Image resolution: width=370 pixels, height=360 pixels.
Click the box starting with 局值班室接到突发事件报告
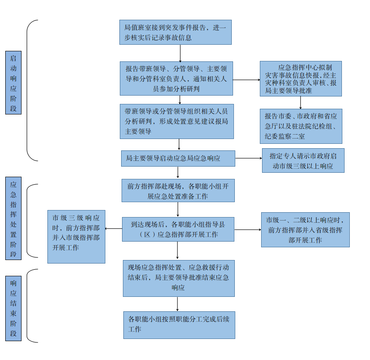click(175, 32)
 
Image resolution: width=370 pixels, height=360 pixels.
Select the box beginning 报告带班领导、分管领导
click(176, 78)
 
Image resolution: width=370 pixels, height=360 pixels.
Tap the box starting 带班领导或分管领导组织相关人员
click(176, 121)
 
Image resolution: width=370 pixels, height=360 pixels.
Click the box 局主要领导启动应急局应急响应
click(178, 158)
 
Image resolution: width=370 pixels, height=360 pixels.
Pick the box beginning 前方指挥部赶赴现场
click(178, 190)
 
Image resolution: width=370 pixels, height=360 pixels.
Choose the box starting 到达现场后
click(178, 229)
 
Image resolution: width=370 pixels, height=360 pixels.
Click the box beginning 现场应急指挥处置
click(179, 278)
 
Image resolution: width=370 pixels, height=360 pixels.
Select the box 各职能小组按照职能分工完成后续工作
click(179, 324)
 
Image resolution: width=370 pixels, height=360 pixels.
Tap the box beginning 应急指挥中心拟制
click(301, 78)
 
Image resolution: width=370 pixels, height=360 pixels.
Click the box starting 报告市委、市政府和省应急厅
click(301, 126)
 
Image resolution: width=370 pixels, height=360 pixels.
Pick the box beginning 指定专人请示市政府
click(303, 160)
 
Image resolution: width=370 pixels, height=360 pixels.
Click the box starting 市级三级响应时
click(76, 236)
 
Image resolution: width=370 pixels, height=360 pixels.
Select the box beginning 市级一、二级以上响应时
click(305, 229)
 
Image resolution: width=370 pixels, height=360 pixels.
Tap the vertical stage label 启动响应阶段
click(13, 82)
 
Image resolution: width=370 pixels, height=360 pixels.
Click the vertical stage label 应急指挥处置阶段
click(13, 218)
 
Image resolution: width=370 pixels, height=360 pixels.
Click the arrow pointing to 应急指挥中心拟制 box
click(246, 80)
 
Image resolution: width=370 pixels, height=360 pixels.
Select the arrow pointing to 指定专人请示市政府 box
click(248, 158)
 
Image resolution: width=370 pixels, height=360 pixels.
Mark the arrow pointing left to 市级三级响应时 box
click(114, 228)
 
